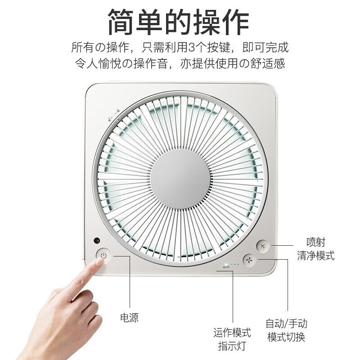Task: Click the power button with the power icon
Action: [x=103, y=256]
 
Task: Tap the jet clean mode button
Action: [x=263, y=246]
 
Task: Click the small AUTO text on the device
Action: [x=226, y=267]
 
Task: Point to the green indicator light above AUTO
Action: [x=226, y=263]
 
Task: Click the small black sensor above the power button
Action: [x=97, y=241]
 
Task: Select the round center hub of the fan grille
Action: [x=180, y=179]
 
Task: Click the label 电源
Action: [x=129, y=318]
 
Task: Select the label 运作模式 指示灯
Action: [x=232, y=339]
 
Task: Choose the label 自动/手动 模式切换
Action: [x=287, y=330]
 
